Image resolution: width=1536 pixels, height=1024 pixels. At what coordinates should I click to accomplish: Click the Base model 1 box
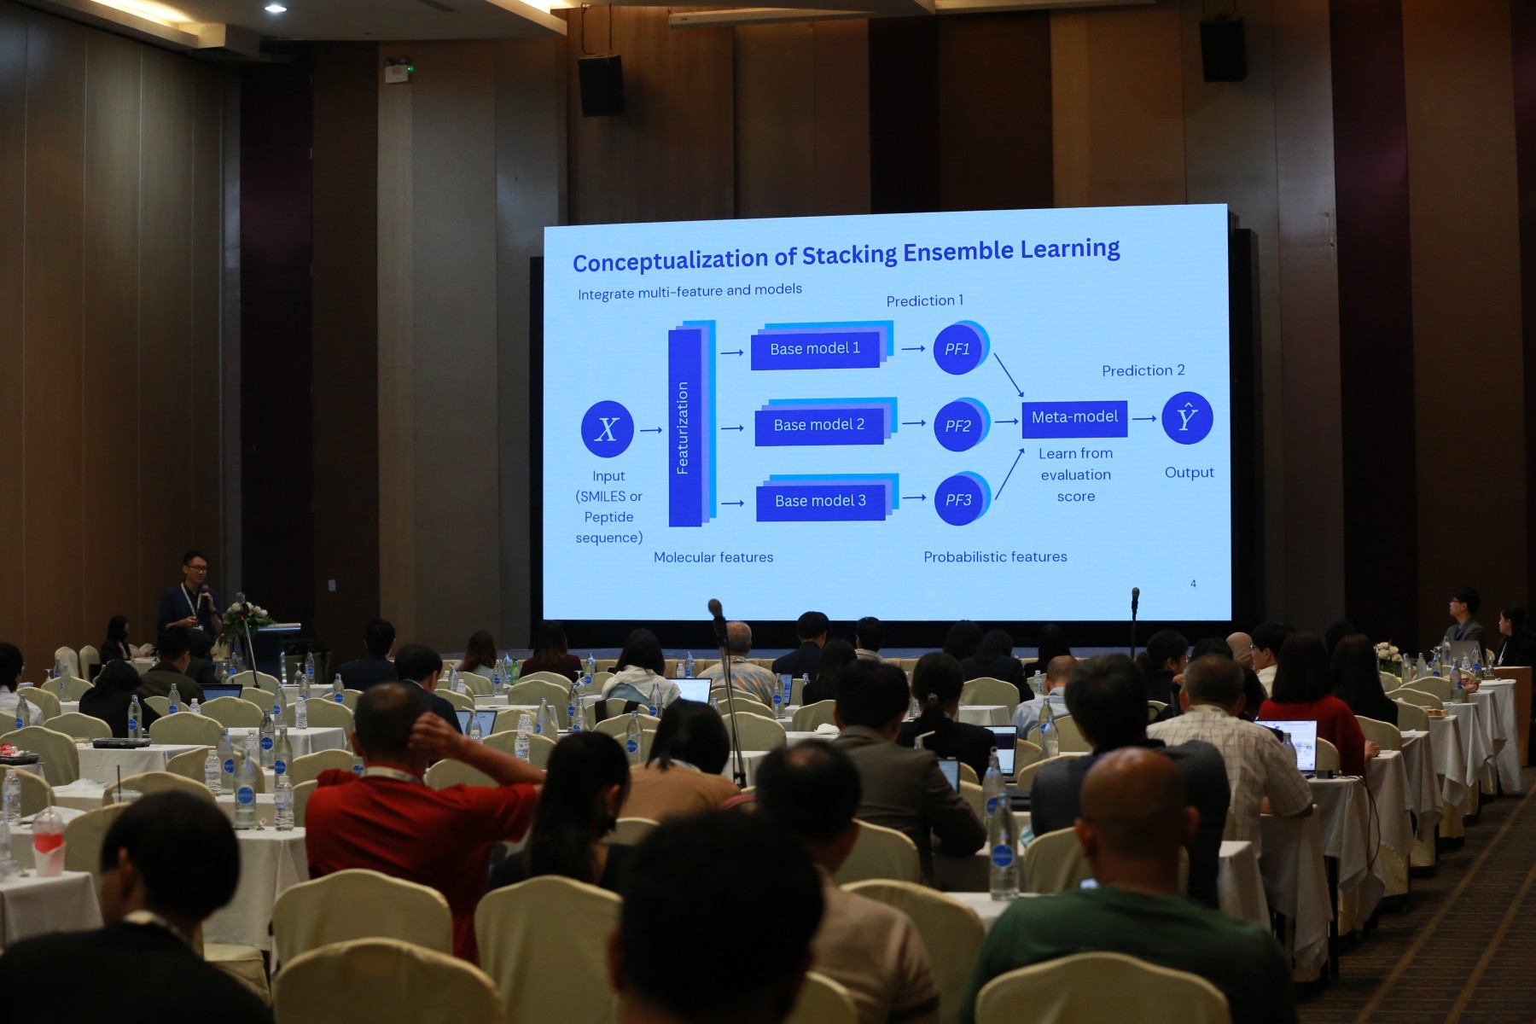coord(815,349)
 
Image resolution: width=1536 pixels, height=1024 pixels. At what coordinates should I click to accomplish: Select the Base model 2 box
coord(819,425)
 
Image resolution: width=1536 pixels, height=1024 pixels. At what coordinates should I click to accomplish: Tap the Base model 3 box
coord(821,501)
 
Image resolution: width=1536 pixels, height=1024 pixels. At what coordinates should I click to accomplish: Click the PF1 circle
coord(958,349)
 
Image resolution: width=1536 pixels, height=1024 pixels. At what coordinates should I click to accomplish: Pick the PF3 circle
coord(959,500)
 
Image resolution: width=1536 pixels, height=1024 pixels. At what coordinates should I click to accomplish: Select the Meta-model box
coord(1074,418)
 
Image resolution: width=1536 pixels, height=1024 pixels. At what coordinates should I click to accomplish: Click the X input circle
coord(607,428)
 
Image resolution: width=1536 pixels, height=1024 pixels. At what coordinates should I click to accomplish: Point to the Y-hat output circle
coord(1187,418)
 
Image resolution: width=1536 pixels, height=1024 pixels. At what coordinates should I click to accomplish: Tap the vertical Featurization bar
coord(684,428)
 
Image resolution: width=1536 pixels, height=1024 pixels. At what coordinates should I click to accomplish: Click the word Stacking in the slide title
coord(850,255)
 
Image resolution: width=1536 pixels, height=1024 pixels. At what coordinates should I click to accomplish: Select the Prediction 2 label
coord(1143,370)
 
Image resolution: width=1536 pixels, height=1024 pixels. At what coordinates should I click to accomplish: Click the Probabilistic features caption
coord(995,556)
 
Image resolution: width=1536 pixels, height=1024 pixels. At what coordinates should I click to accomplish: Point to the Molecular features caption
coord(713,557)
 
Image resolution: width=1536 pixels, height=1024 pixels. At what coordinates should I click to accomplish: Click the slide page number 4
coord(1193,584)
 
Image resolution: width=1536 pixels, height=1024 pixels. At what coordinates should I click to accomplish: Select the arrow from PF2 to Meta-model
coord(1007,422)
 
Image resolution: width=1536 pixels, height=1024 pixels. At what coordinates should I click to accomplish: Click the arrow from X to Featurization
coord(651,430)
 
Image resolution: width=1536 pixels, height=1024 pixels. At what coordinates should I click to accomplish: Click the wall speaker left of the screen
coord(601,85)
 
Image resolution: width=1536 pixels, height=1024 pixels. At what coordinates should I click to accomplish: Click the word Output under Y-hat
coord(1189,473)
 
